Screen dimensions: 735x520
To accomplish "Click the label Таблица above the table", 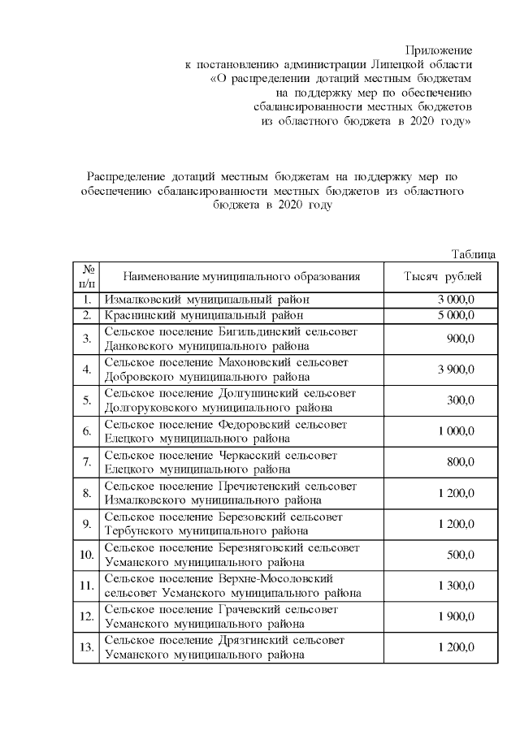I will coord(473,254).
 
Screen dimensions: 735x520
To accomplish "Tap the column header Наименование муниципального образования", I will coord(241,277).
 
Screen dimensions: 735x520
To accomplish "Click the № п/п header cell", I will coord(85,277).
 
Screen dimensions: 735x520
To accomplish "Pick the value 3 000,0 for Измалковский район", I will coord(456,300).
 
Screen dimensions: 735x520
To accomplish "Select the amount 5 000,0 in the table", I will coord(456,315).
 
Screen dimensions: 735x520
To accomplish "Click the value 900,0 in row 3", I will coord(461,339).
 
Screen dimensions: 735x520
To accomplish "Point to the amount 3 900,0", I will coord(456,370).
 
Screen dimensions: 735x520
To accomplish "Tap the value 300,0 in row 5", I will coord(461,400).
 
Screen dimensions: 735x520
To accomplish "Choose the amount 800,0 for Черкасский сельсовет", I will coord(461,462).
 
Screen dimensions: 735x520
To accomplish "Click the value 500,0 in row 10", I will coord(461,555).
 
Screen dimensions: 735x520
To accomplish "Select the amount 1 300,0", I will coord(456,586).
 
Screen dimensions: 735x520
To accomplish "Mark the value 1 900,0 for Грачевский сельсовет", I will coord(456,616).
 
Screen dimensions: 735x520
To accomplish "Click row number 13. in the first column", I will coord(85,647).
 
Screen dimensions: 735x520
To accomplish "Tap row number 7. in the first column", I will coord(85,462).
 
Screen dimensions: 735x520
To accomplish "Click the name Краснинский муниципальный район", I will coord(206,315).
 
